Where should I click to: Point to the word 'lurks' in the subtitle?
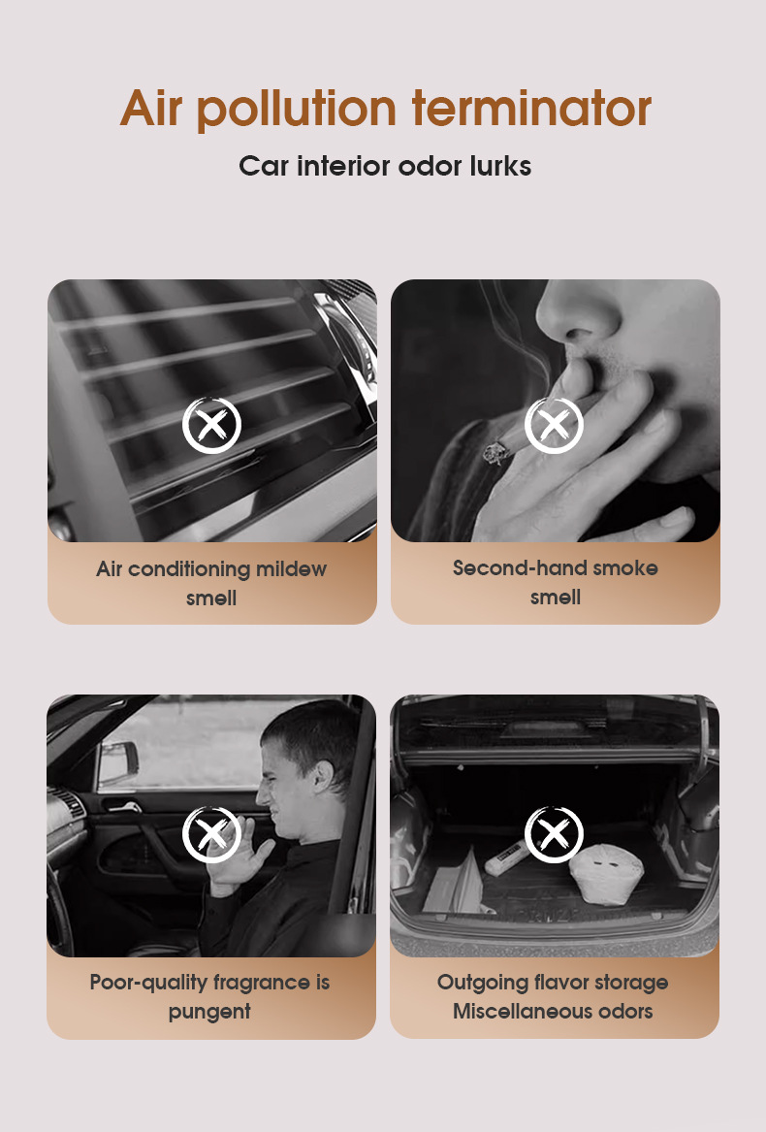pyautogui.click(x=498, y=166)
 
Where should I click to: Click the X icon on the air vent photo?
pyautogui.click(x=211, y=425)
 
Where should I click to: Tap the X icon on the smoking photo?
pyautogui.click(x=554, y=425)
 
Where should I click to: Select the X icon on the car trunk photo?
pyautogui.click(x=554, y=834)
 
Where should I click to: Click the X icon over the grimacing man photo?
pyautogui.click(x=211, y=834)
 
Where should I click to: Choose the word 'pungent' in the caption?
pyautogui.click(x=209, y=1011)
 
